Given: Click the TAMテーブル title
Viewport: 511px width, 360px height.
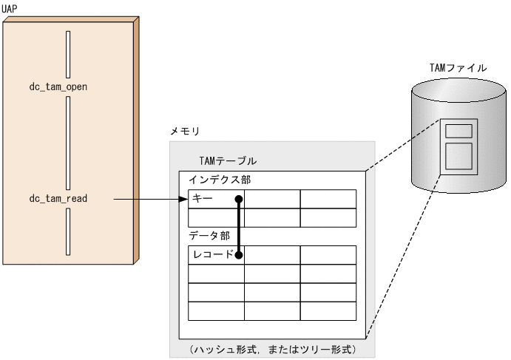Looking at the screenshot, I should click(229, 160).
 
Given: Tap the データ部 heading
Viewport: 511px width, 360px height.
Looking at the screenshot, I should click(209, 236).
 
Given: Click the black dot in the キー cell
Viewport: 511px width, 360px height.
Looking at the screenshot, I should click(238, 199).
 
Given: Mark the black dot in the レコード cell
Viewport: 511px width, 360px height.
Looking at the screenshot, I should click(238, 254).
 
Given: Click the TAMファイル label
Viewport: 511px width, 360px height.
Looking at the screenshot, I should click(458, 67).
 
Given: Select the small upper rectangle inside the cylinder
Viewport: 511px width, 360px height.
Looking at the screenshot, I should click(459, 131).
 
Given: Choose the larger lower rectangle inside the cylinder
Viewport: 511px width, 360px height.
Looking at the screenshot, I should click(459, 157).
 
